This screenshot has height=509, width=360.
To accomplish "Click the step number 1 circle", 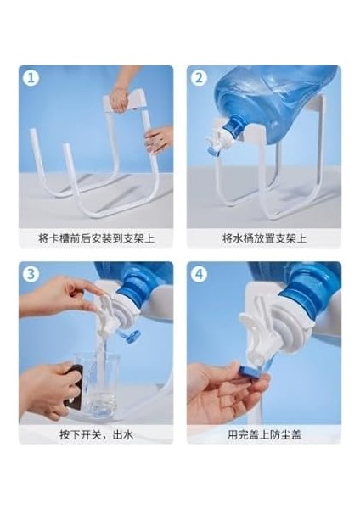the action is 31,78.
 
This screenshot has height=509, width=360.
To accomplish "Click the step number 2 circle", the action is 200,78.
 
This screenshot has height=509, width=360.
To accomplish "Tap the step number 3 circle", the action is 31,274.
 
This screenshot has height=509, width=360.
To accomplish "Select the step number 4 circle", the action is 200,274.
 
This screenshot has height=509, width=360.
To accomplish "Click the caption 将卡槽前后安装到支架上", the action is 96,238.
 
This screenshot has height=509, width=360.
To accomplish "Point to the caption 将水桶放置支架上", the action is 264,238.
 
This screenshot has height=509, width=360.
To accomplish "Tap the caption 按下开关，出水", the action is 96,434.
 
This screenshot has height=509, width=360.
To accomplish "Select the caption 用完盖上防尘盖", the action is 264,434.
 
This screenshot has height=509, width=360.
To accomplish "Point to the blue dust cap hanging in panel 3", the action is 132,336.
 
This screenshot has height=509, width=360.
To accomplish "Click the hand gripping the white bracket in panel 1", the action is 119,98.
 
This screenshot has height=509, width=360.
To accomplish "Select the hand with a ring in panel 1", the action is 159,139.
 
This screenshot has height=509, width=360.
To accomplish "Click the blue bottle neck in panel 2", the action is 234,127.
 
